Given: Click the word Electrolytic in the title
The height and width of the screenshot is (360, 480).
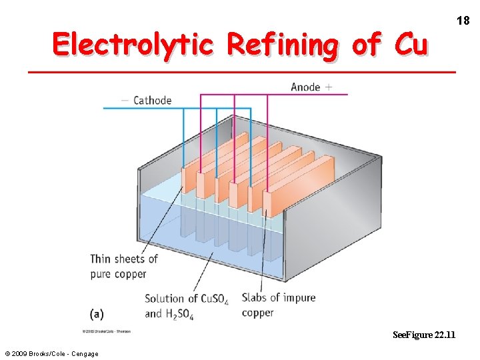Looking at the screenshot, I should (x=133, y=45).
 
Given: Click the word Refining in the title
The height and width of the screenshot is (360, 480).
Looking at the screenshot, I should (x=283, y=45).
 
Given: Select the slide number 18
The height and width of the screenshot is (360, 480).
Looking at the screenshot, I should (x=463, y=21).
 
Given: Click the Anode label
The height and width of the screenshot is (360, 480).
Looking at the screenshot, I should (x=305, y=87).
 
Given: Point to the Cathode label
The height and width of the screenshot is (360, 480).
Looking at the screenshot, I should (x=152, y=101).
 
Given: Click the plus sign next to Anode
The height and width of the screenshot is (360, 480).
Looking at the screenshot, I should (x=329, y=87).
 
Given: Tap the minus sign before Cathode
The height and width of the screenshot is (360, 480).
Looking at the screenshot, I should (x=125, y=101).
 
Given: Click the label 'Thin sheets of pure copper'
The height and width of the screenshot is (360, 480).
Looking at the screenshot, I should (x=124, y=266).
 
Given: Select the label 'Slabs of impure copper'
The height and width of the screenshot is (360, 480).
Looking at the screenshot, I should (x=278, y=305).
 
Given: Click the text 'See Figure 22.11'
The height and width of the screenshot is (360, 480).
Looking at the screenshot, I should (x=424, y=334).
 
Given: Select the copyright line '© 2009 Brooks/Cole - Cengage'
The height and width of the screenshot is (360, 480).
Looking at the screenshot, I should (x=51, y=353).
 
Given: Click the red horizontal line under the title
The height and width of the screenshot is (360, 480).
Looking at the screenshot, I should (x=242, y=71).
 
